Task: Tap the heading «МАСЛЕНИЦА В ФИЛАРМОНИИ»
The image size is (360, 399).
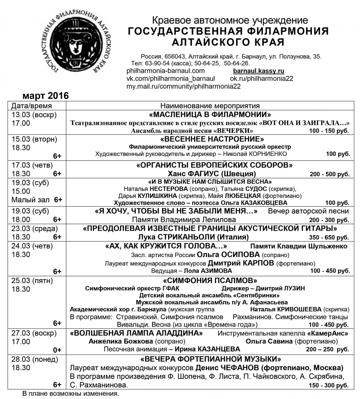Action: point(210,114)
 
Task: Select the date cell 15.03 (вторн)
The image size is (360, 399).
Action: point(34,139)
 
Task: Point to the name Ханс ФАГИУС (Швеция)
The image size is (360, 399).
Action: point(212,174)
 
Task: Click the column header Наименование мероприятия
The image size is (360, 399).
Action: point(210,106)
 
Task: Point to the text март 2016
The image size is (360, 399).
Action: point(46,96)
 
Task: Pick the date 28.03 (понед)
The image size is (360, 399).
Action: point(35,359)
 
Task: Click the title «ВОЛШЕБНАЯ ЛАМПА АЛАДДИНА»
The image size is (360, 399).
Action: point(136,333)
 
